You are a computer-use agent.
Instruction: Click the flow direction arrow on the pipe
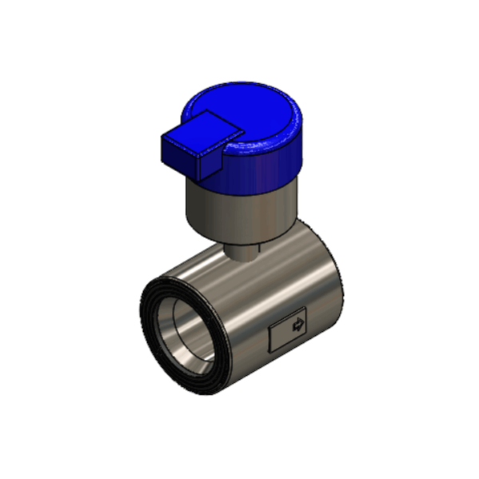(299, 325)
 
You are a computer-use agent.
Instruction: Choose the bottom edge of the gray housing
(239, 239)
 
